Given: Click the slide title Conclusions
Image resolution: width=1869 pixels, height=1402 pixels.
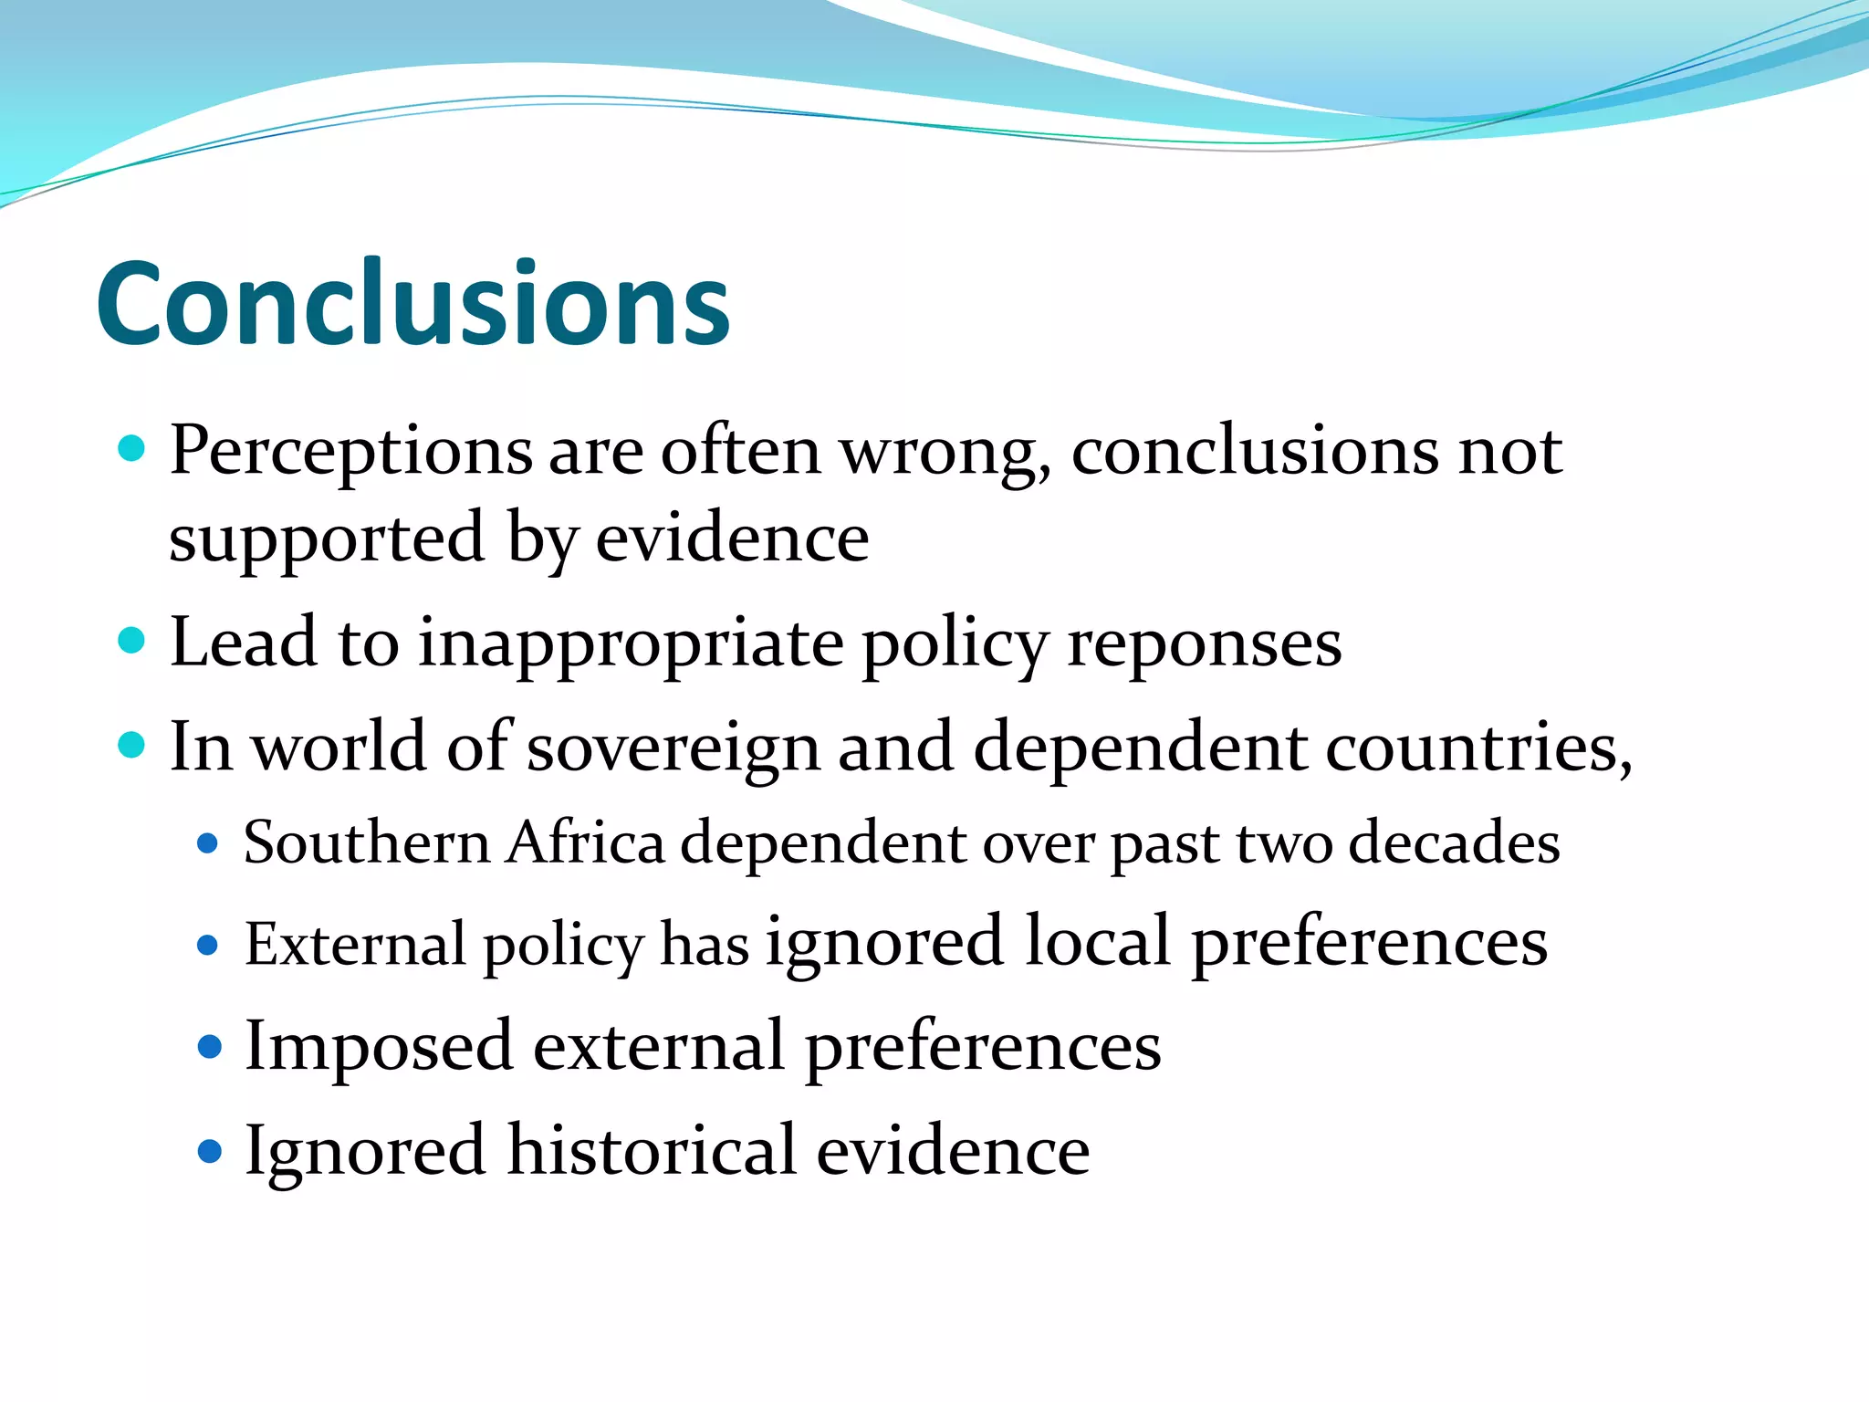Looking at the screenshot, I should [x=412, y=303].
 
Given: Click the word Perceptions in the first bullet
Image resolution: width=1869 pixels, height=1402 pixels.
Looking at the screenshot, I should [x=350, y=451].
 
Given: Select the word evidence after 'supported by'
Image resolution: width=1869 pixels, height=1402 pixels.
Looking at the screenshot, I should [x=732, y=538].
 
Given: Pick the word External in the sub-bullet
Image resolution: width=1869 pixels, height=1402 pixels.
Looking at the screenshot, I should [x=354, y=944].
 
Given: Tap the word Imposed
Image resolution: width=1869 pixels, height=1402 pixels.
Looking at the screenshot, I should [x=378, y=1046].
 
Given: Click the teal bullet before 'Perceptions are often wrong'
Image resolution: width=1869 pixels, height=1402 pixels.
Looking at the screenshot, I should [x=132, y=449].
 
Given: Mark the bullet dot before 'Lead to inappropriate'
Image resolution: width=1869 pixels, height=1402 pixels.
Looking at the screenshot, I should [x=132, y=641].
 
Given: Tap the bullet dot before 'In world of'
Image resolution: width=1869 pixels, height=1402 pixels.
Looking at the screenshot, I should [x=132, y=746].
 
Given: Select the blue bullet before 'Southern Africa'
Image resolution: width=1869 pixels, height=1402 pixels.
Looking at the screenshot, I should [x=208, y=842].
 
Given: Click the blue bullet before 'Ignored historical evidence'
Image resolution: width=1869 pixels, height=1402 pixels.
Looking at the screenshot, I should [x=210, y=1150].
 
